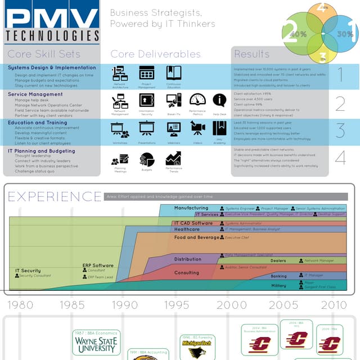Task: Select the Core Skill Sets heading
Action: [x=44, y=55]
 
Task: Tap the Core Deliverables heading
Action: [x=155, y=55]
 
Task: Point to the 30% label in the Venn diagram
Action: [x=345, y=34]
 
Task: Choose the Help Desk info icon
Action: [x=219, y=101]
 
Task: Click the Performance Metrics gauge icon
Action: [x=197, y=100]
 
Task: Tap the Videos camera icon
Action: [x=197, y=129]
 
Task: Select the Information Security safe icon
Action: [x=147, y=100]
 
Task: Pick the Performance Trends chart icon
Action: [x=173, y=159]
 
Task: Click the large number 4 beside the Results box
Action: [x=340, y=158]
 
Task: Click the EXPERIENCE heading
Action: [x=55, y=196]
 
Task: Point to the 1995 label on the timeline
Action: [x=176, y=305]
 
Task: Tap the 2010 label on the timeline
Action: [x=334, y=305]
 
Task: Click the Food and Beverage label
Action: [x=196, y=238]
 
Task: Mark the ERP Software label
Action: [x=98, y=265]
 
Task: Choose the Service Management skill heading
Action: [x=35, y=94]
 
